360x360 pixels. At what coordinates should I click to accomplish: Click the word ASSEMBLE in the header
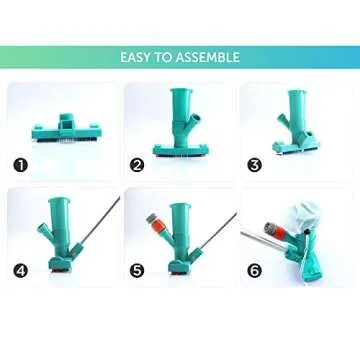[x=207, y=57]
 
